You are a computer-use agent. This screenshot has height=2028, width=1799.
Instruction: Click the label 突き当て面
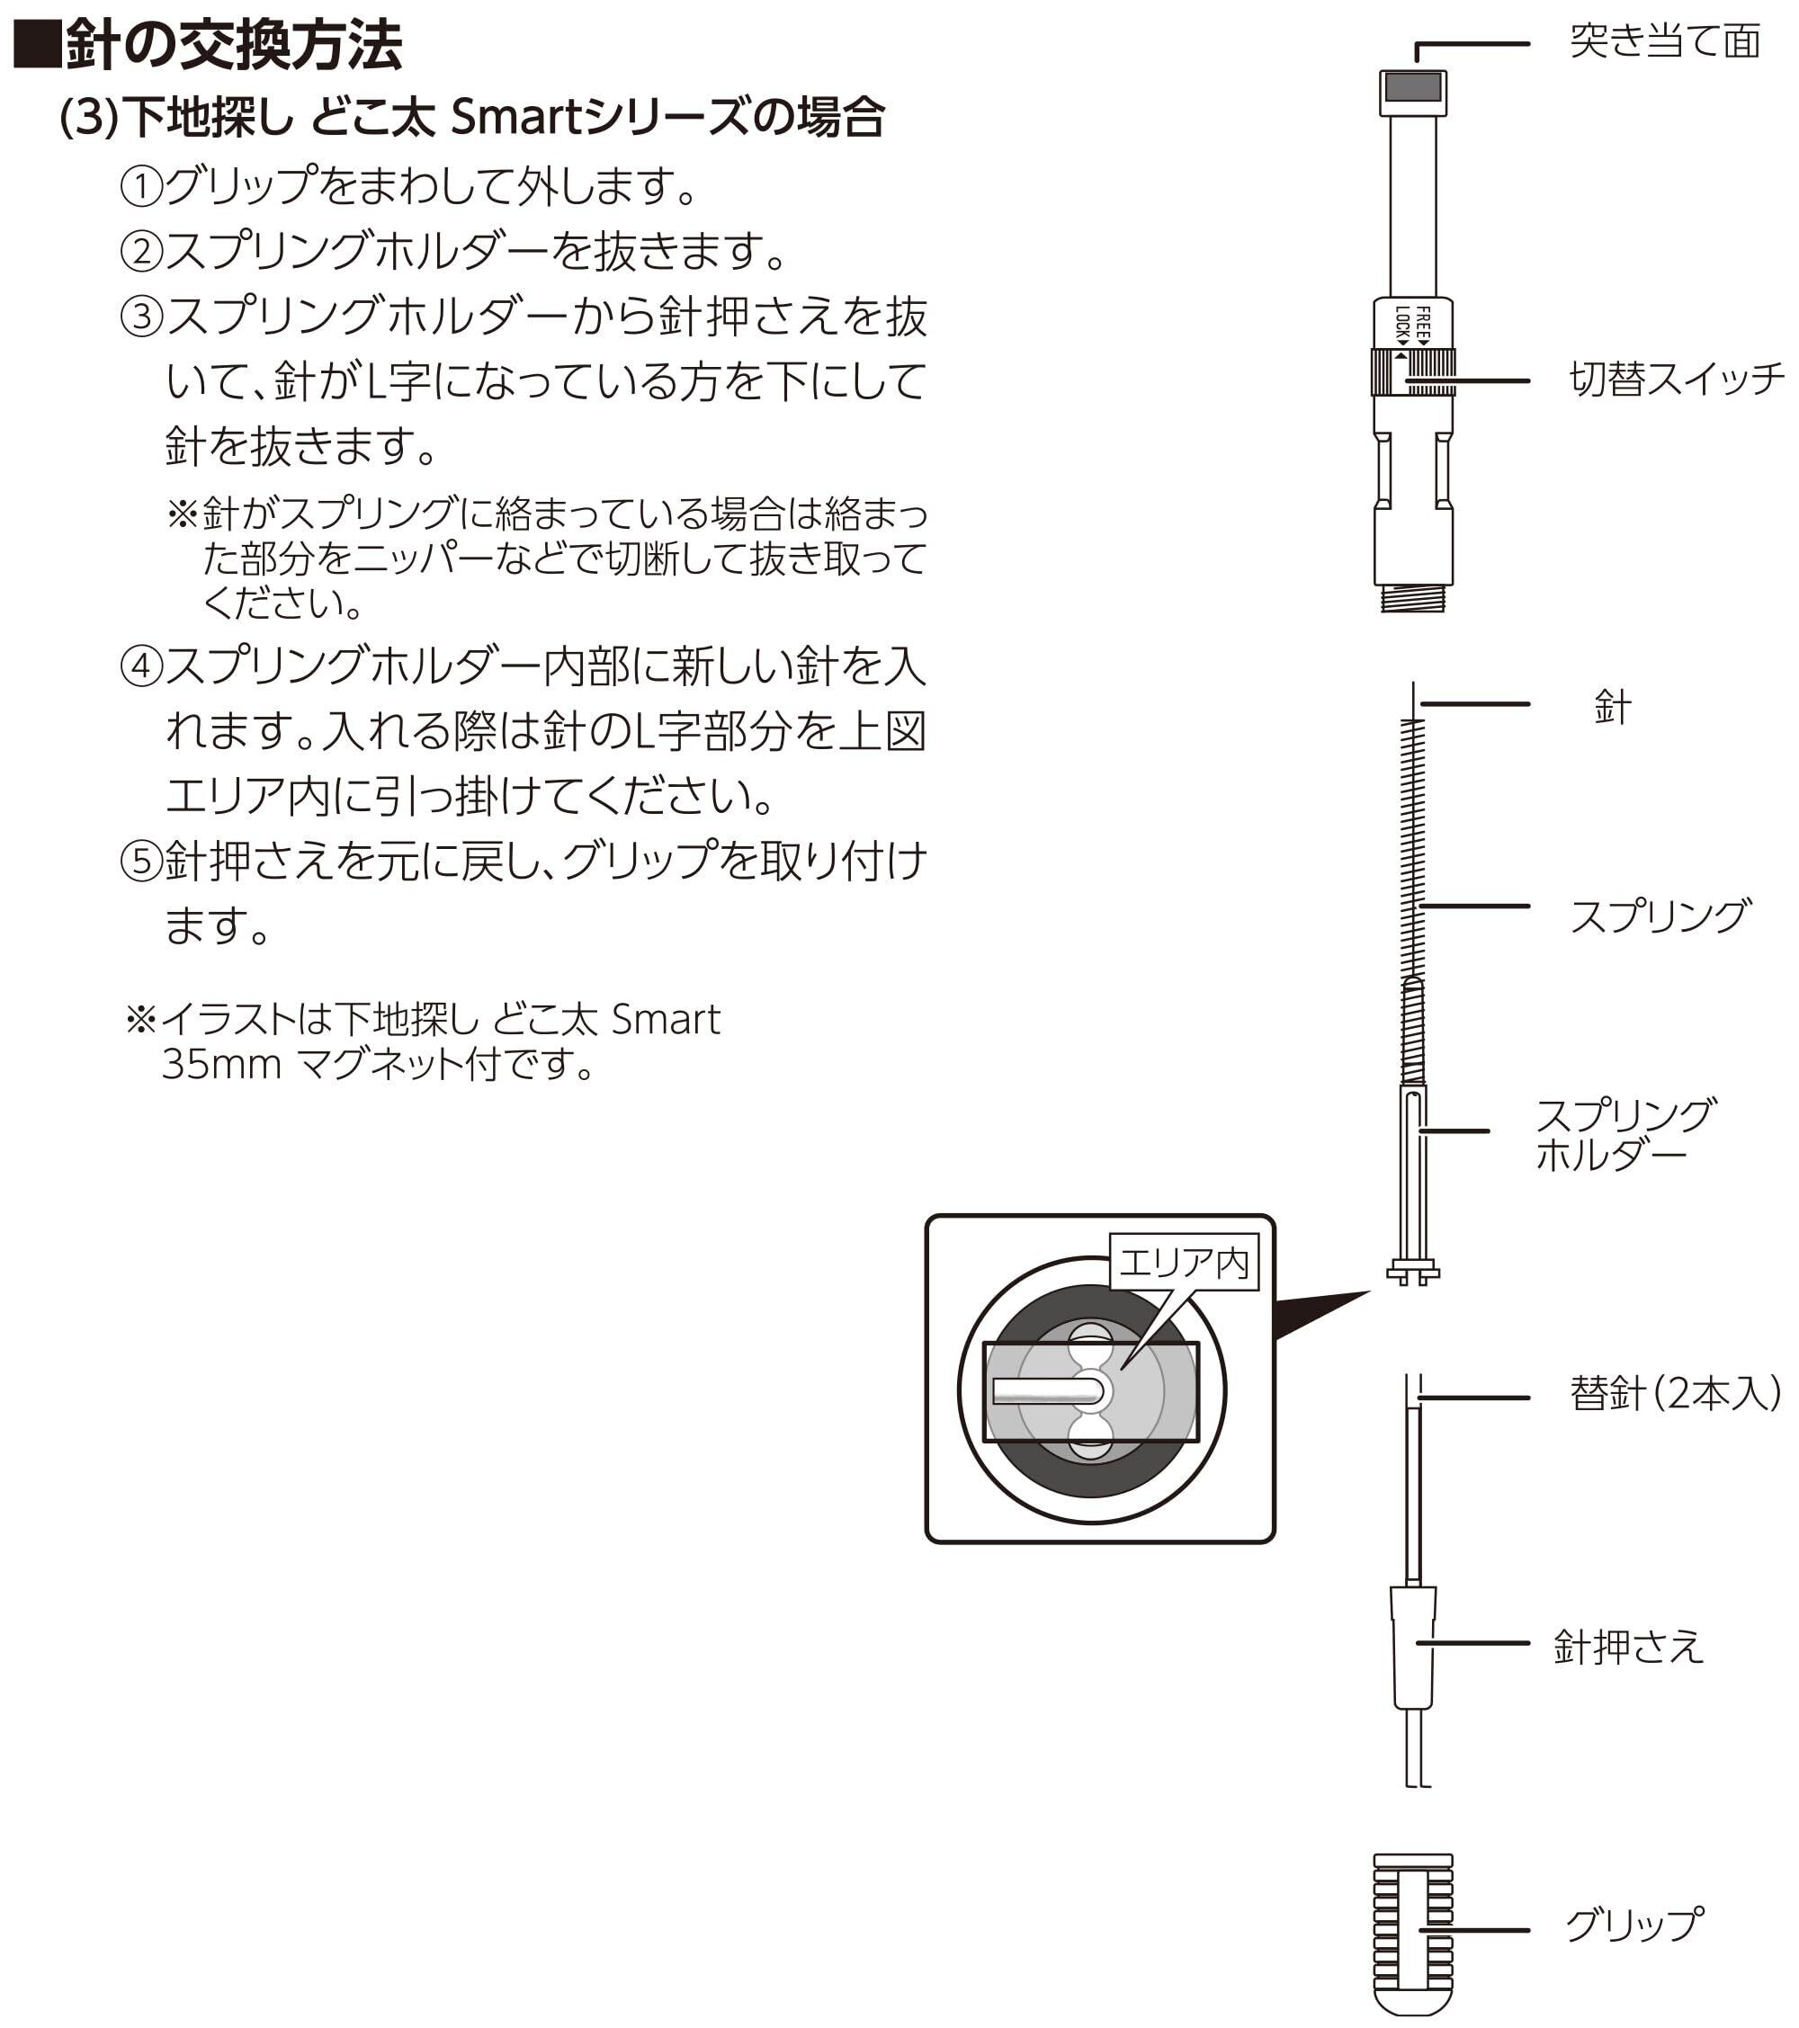[x=1664, y=42]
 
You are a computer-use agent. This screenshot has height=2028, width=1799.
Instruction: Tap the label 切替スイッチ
[x=1675, y=380]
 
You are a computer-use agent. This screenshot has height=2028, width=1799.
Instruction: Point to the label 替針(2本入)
[x=1674, y=1394]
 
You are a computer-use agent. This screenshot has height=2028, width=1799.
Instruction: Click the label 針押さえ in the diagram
[x=1627, y=1648]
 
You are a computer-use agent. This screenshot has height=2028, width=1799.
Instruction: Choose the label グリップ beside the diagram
[x=1633, y=1925]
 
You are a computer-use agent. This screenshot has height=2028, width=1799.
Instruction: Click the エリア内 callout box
[x=1183, y=1263]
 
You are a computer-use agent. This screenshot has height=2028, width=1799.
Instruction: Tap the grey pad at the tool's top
[x=1412, y=88]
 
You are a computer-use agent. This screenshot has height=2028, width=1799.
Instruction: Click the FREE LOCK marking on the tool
[x=1413, y=325]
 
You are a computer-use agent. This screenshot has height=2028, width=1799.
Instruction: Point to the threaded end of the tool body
[x=1412, y=597]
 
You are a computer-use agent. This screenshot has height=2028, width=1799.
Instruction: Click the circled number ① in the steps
[x=141, y=186]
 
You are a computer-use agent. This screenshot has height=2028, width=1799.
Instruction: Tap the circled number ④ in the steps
[x=141, y=666]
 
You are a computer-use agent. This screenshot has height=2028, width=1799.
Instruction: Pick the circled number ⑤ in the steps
[x=141, y=862]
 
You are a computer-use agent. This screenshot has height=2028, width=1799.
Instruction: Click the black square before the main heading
[x=36, y=46]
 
